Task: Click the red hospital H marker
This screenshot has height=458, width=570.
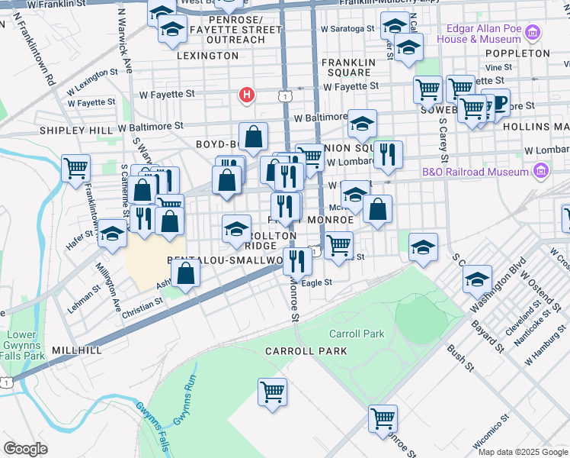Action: click(246, 95)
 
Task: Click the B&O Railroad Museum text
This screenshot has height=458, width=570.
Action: click(476, 172)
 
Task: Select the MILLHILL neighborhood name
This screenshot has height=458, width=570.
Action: click(77, 350)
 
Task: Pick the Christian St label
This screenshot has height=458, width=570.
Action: click(142, 302)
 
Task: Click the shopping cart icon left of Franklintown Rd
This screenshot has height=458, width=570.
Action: click(75, 167)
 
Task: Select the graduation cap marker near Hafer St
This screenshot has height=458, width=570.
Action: click(112, 234)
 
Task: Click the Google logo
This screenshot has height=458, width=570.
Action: click(25, 449)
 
